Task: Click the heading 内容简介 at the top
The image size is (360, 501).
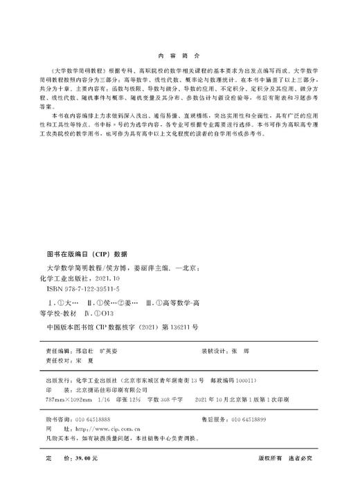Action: tap(179, 53)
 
